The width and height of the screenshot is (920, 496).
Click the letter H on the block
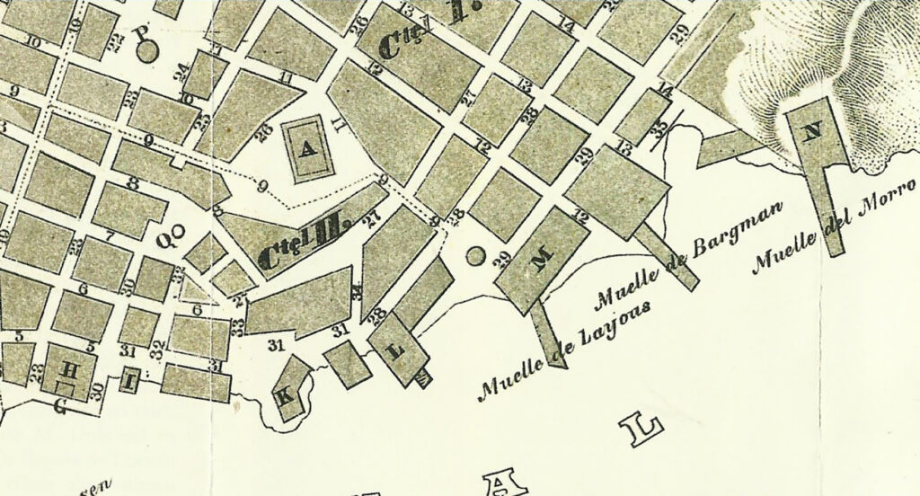tap(68, 369)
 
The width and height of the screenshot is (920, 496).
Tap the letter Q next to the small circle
tap(164, 240)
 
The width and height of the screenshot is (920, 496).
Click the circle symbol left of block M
tap(476, 258)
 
